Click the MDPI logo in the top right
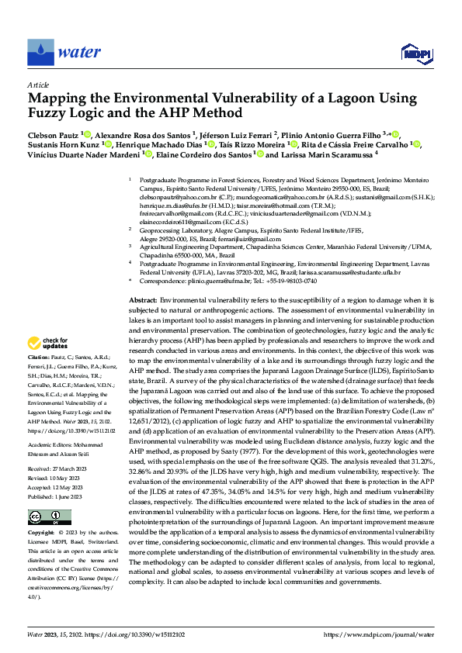[415, 52]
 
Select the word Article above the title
[38, 85]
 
